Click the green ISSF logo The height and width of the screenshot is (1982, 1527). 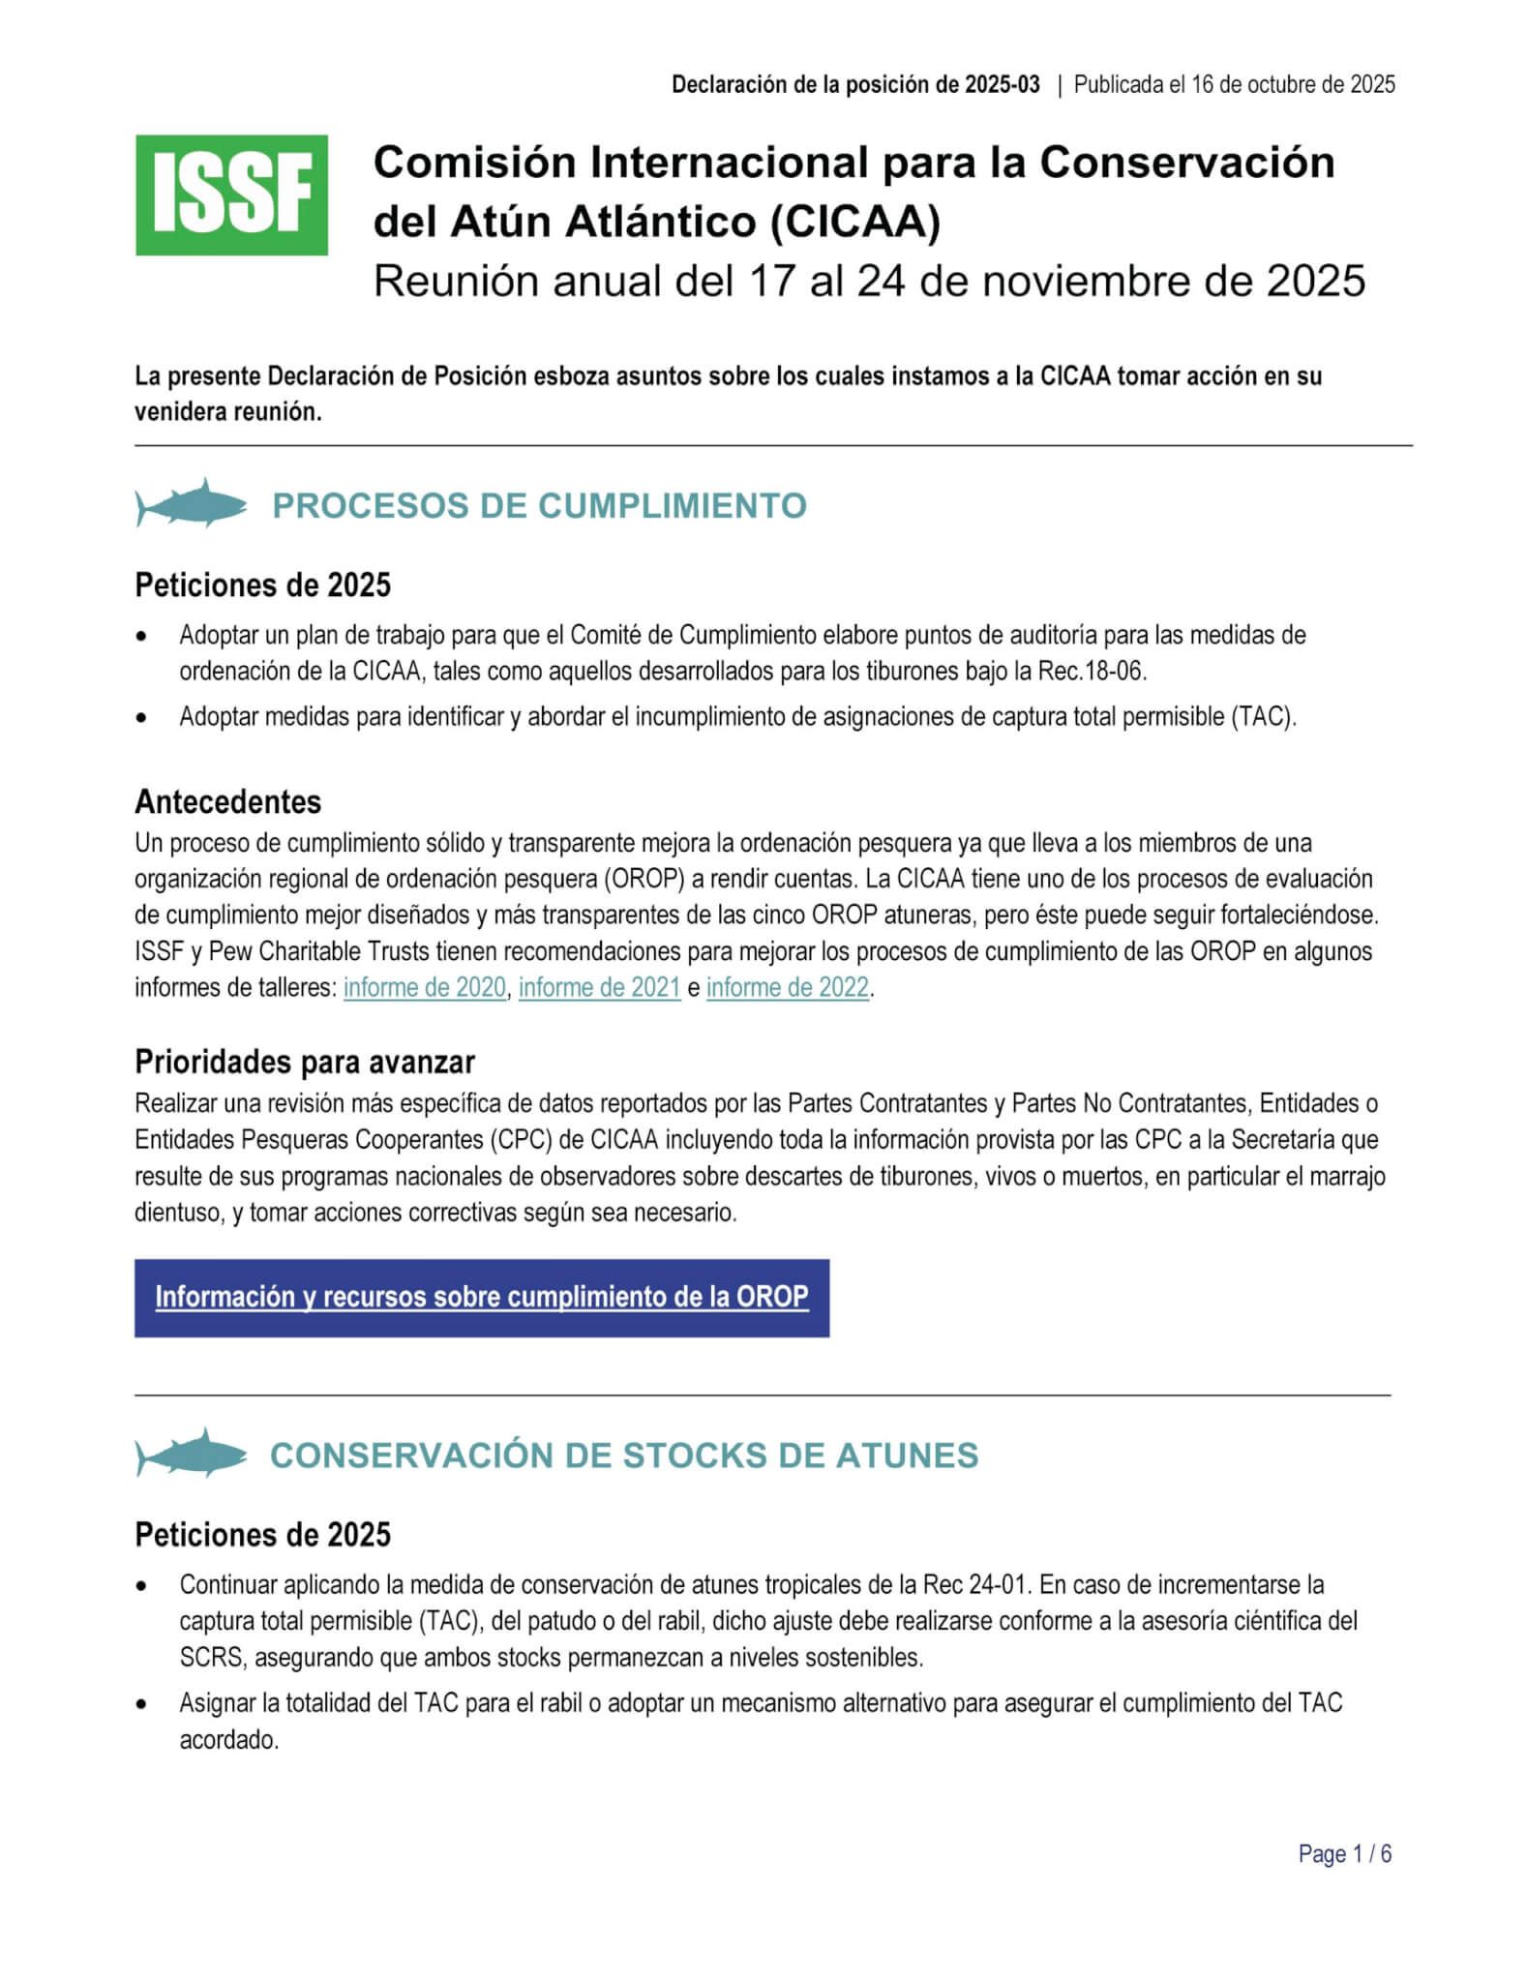coord(231,195)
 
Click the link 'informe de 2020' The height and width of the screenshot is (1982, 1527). coord(424,988)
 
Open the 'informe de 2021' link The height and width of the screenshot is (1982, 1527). coord(599,988)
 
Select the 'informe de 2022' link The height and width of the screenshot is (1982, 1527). coord(787,988)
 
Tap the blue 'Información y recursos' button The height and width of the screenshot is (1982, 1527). coord(481,1298)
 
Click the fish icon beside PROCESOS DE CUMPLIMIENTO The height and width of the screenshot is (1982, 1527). coord(192,503)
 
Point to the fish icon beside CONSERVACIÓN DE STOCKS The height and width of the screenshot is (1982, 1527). coord(192,1453)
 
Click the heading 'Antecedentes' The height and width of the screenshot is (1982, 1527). coord(227,801)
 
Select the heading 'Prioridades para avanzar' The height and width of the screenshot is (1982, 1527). coord(304,1062)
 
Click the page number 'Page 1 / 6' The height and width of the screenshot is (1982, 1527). coord(1344,1854)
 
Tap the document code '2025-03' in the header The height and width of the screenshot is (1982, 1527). coord(1002,84)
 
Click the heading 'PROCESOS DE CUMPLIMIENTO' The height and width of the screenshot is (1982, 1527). coord(539,505)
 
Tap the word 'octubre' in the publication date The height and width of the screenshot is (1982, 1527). coord(1287,84)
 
